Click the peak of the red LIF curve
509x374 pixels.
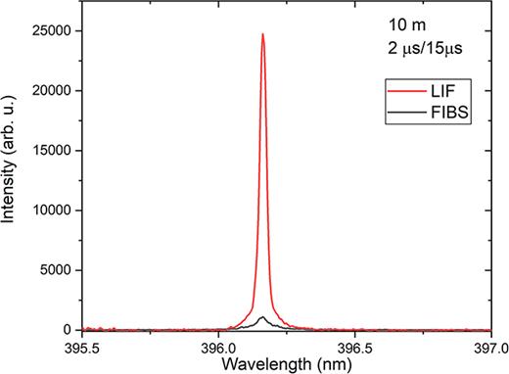262,34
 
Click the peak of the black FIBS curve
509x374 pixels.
262,317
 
